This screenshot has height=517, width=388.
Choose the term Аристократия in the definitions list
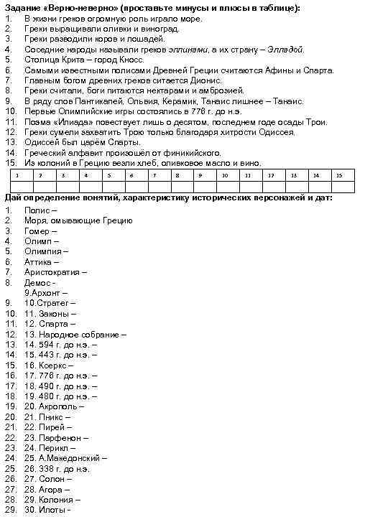click(53, 272)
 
